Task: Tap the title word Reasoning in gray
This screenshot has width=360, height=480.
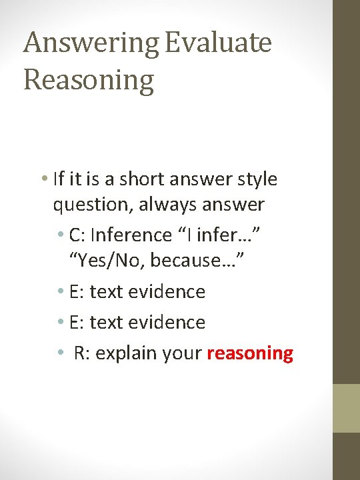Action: pos(89,80)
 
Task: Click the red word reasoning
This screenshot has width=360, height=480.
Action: pos(250,353)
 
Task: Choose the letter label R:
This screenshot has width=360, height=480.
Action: pos(83,353)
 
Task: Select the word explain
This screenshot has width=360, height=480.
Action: pos(122,353)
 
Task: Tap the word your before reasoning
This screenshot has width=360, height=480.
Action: pos(181,353)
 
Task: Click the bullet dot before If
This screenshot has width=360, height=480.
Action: pos(43,179)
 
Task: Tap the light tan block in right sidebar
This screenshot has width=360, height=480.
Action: pos(346,408)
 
